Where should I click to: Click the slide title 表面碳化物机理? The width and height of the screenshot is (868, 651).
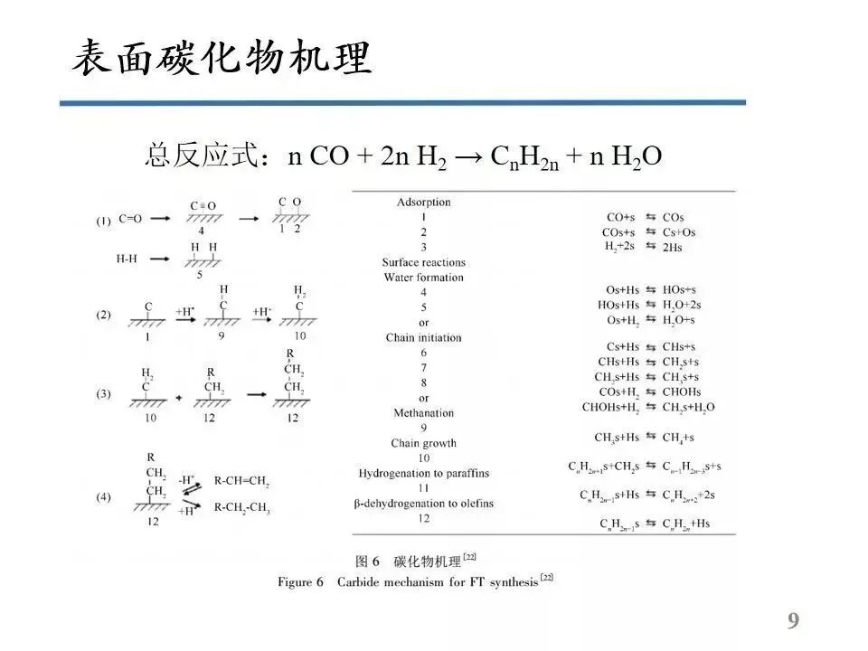(x=222, y=59)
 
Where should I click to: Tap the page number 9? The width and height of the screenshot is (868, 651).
(x=793, y=620)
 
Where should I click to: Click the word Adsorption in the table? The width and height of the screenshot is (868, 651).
(x=423, y=202)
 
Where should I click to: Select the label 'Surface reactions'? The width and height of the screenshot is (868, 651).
(x=423, y=262)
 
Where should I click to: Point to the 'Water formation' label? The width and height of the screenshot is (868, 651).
(x=423, y=277)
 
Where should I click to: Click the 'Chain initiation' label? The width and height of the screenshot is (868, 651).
(x=423, y=337)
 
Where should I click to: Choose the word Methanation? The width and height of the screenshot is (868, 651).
(x=423, y=412)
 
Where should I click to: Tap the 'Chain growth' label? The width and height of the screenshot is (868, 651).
(x=423, y=443)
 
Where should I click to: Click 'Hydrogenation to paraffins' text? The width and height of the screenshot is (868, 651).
(x=423, y=473)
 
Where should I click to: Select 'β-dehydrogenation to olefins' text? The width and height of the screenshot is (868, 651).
(x=423, y=503)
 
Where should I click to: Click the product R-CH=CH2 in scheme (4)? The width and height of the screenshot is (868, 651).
(x=241, y=483)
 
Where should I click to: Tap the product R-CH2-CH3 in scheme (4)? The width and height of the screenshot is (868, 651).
(x=241, y=508)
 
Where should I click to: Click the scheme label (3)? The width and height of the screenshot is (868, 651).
(x=105, y=393)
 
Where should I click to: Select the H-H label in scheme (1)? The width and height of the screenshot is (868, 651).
(x=128, y=259)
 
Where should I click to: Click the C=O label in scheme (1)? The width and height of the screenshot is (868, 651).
(x=130, y=218)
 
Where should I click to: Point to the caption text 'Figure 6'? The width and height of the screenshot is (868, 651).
(x=300, y=582)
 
